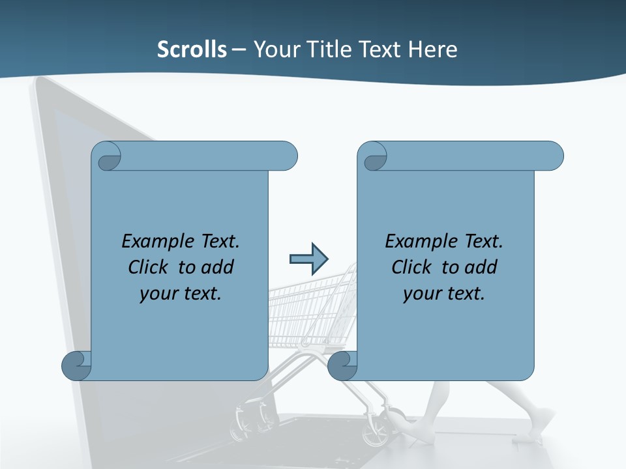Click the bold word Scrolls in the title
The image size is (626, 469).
click(192, 49)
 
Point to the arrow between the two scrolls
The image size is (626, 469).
click(309, 259)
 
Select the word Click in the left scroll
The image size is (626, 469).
click(150, 267)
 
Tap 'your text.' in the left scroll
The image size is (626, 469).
click(181, 293)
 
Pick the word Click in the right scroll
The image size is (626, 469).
click(413, 267)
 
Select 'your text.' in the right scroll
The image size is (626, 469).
click(444, 293)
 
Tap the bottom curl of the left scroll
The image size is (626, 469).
click(76, 365)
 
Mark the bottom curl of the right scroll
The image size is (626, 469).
click(342, 365)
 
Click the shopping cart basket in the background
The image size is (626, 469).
click(306, 306)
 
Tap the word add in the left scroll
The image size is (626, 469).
click(217, 267)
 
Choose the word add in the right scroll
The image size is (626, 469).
click(481, 267)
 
